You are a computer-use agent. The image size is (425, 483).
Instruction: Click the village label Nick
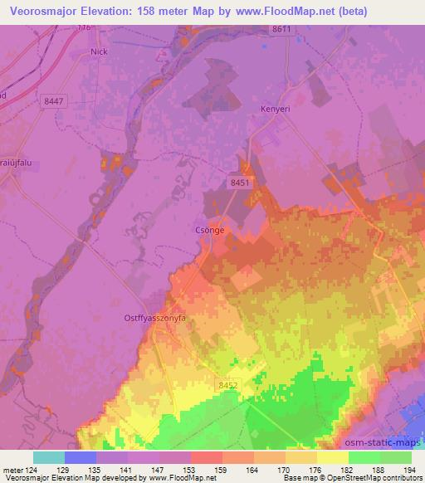(99, 51)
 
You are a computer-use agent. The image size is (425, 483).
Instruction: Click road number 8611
(282, 28)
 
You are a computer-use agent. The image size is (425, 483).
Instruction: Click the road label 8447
(54, 100)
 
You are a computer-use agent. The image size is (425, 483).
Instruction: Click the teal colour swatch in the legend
(49, 457)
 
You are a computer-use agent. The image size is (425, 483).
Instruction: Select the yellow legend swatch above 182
(332, 457)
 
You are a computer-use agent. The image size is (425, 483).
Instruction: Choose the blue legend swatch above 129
(81, 457)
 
